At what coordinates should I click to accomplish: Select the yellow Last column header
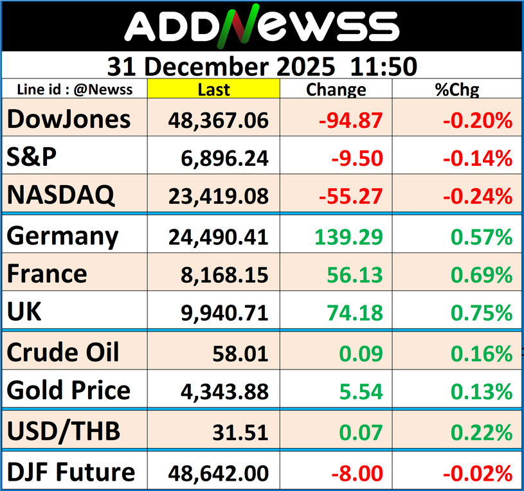coord(213,90)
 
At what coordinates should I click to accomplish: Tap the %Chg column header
coord(457,90)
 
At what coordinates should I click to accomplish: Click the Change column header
coord(336,90)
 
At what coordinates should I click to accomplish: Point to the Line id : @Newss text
coord(75,90)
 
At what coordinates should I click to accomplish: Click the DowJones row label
coord(69,120)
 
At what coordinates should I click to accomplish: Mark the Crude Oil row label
coord(64,352)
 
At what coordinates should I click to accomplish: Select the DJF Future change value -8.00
coord(357,474)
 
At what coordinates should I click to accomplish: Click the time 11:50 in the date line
coord(384,66)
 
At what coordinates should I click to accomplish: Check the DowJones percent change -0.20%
coord(476,120)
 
